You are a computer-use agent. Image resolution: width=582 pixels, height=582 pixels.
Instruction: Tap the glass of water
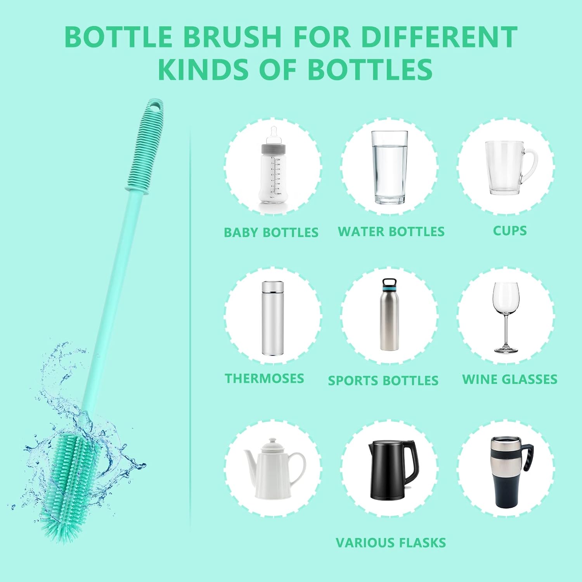click(390, 167)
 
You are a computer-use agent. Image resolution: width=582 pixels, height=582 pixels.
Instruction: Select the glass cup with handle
click(511, 168)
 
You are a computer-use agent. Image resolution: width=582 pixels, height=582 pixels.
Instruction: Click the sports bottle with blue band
click(389, 314)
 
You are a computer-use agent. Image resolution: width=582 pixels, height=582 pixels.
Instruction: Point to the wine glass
click(506, 317)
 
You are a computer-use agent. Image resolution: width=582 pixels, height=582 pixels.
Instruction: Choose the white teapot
click(275, 469)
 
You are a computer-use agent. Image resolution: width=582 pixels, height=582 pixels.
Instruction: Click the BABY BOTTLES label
click(271, 232)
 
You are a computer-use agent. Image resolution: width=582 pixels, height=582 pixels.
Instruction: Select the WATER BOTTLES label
click(391, 232)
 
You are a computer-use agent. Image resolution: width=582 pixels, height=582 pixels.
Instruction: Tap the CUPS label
click(510, 230)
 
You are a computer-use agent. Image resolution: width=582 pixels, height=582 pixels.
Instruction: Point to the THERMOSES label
click(264, 378)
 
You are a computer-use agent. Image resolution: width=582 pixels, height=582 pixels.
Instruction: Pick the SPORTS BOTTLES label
click(383, 381)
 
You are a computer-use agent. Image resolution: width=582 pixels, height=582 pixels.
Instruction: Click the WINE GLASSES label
click(510, 379)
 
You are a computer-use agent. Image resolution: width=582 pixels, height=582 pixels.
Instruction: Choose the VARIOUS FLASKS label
click(391, 542)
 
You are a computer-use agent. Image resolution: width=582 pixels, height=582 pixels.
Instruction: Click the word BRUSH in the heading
click(232, 37)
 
